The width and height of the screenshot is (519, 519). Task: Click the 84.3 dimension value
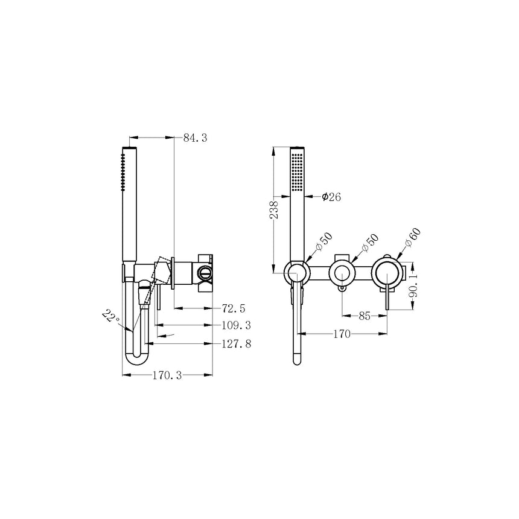tap(196, 138)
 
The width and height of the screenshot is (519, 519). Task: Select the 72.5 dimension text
tap(234, 308)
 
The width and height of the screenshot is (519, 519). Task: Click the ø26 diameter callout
tap(332, 197)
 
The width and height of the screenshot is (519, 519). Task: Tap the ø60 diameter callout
tap(413, 237)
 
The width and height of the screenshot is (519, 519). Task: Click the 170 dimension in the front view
tap(342, 333)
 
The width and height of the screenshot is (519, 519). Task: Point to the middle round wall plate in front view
tap(342, 273)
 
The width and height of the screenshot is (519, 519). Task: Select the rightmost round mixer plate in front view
tap(386, 273)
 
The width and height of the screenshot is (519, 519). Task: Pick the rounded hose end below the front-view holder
tap(296, 360)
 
